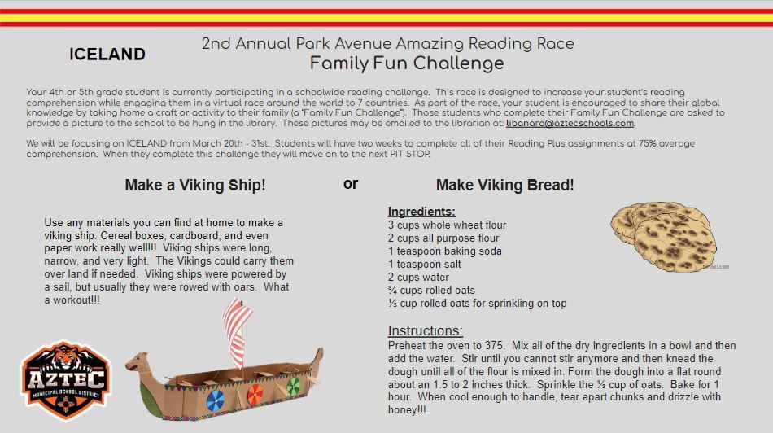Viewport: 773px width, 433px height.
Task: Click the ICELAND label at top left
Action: click(107, 55)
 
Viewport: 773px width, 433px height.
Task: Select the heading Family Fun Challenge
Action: click(407, 63)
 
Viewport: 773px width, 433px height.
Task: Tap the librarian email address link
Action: click(570, 123)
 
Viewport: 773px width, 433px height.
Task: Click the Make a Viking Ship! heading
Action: click(195, 185)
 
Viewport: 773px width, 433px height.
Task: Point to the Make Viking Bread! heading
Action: click(504, 185)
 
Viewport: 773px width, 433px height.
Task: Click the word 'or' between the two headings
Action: click(351, 183)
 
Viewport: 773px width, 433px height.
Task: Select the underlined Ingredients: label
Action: click(421, 212)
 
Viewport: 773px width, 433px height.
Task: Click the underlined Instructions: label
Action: click(426, 330)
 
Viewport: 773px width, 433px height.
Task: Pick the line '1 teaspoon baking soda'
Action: click(444, 251)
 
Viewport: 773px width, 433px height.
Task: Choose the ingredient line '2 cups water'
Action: click(418, 278)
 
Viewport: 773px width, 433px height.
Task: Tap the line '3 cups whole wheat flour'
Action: click(448, 225)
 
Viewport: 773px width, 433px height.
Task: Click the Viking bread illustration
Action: click(663, 236)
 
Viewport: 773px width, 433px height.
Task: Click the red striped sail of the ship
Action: click(237, 331)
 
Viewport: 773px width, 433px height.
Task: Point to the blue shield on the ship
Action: click(215, 400)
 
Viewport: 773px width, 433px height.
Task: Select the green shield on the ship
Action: click(293, 386)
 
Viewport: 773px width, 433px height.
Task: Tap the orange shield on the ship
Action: click(255, 394)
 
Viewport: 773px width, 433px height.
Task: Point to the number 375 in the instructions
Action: click(495, 346)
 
